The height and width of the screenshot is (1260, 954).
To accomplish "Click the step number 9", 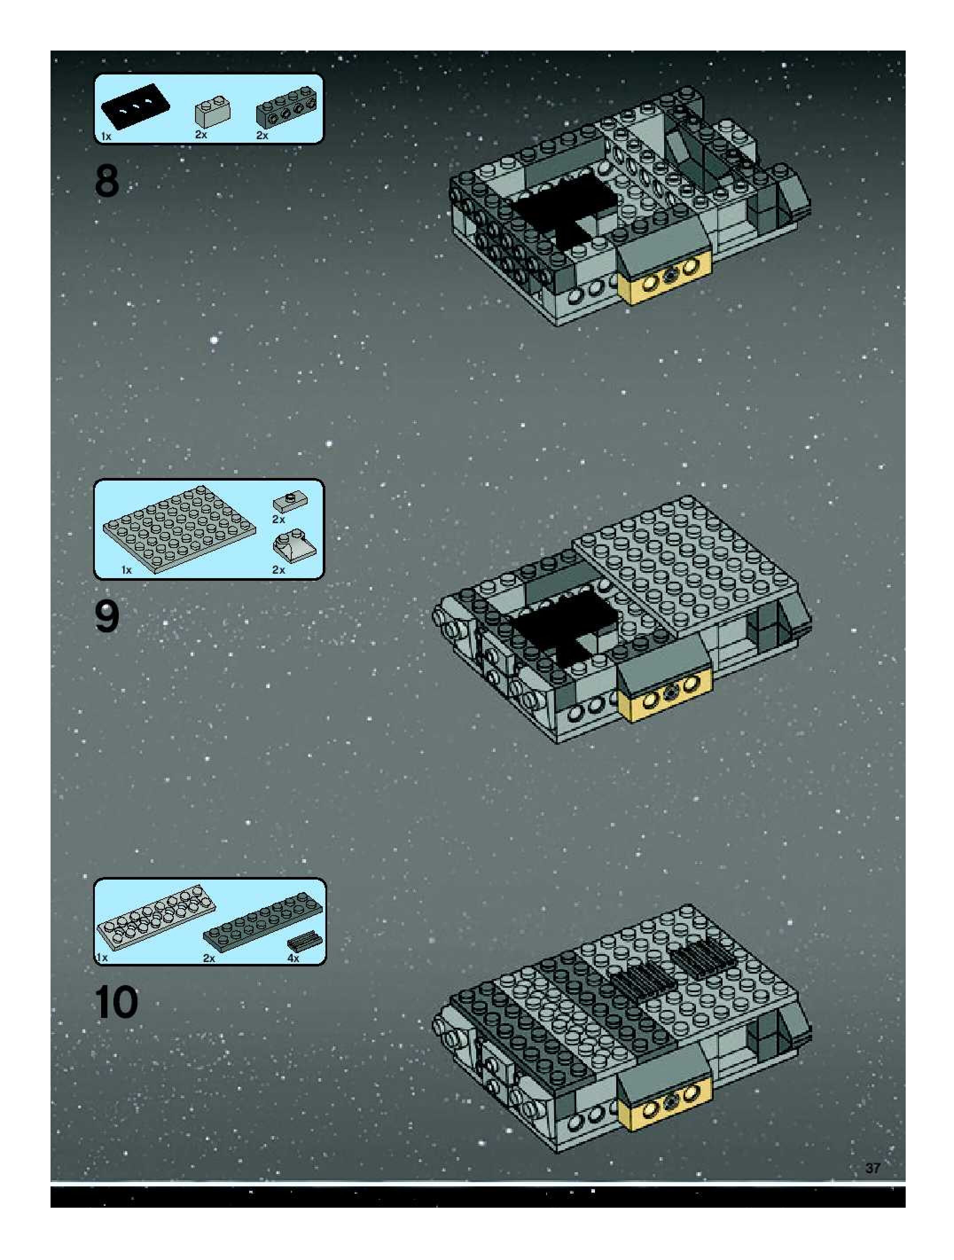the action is coord(107,617).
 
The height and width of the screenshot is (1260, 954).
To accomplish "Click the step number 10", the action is coord(117,1002).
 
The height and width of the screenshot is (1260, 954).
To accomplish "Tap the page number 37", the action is coord(872,1168).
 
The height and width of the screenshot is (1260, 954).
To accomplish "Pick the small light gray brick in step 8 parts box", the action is coord(212,112).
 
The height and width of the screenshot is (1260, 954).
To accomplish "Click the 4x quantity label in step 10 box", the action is coord(294,958).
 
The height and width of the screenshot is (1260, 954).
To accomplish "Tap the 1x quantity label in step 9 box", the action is coord(126,570).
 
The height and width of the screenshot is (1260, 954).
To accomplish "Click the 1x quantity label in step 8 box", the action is coord(106,136).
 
